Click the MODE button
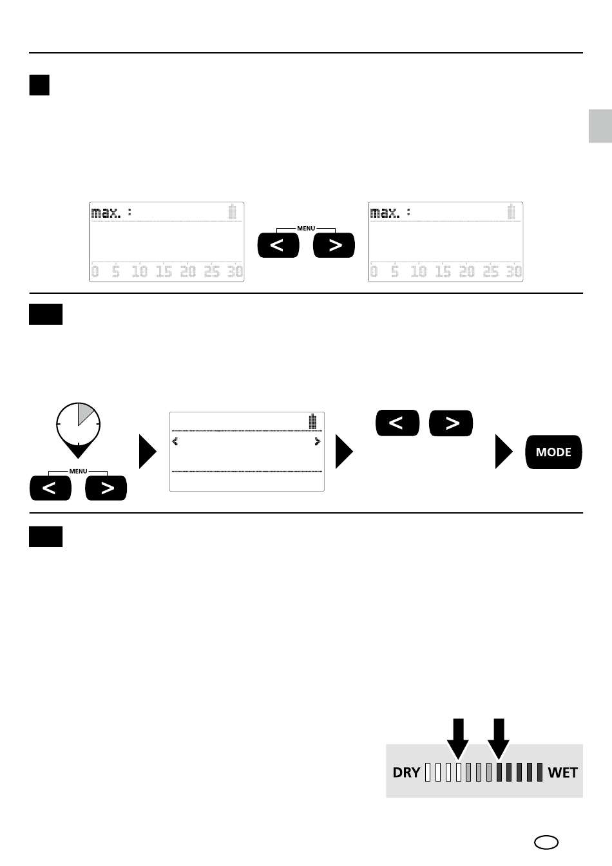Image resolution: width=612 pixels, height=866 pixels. [553, 452]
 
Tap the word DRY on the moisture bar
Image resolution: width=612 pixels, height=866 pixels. [406, 772]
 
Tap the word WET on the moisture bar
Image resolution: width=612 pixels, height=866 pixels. [562, 772]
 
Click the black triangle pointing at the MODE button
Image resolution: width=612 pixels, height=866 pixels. [504, 452]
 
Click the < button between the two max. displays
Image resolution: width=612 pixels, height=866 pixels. [278, 245]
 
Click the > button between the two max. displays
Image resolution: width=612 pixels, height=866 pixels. [334, 245]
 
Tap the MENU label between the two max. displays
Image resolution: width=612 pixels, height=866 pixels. [306, 228]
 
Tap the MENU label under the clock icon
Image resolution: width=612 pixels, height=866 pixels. [78, 472]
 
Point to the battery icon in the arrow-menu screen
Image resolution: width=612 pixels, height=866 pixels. [312, 421]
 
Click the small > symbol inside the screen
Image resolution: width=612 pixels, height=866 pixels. [317, 441]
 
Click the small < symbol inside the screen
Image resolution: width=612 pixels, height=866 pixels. [175, 441]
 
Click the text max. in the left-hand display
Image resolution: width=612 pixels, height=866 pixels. [106, 212]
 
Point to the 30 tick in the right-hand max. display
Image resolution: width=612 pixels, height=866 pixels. [513, 272]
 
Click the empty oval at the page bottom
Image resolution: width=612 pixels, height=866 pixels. [546, 842]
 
